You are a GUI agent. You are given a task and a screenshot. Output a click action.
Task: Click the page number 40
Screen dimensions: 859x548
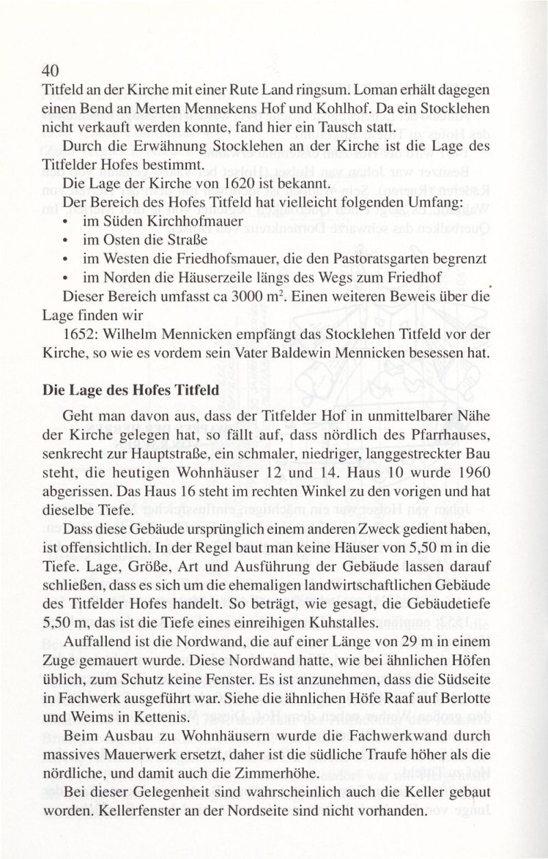pyautogui.click(x=53, y=71)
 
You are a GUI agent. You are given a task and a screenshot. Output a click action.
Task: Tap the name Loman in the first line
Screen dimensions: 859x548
pyautogui.click(x=365, y=89)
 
